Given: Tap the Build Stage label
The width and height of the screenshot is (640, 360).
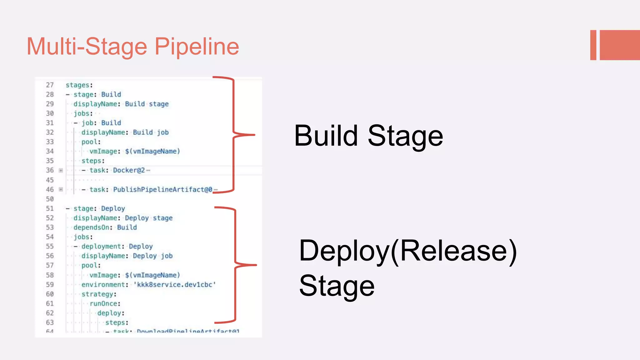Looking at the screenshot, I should coord(368,136).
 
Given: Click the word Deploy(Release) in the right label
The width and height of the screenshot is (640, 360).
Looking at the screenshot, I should coord(408,251).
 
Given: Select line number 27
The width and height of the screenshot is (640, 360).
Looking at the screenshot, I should coord(50,85).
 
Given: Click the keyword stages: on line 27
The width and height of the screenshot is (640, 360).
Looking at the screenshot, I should coord(79,85).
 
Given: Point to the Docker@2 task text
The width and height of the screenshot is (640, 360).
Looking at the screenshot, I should coord(129,170).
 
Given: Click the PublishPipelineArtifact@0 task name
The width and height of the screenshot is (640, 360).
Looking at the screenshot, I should coord(162,189).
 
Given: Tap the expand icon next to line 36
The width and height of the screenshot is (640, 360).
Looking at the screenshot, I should coord(61,170).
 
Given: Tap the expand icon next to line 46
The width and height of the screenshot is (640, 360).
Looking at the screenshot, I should coord(61,189).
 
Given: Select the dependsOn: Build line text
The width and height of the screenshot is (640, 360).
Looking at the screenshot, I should coord(105,227).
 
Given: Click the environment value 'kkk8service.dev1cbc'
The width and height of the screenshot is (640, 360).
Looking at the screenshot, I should coord(175,285).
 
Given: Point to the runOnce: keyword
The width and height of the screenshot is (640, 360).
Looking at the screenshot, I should coord(105,303).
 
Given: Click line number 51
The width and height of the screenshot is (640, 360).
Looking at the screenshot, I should coord(50,208).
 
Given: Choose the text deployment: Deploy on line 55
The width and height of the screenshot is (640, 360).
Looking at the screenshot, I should coord(117,247).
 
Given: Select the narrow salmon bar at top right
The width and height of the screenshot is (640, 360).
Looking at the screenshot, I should coord(593,45).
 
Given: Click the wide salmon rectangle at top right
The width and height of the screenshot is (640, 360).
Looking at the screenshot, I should coord(620,45).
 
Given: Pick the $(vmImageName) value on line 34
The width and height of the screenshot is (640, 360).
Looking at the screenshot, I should coord(152,151).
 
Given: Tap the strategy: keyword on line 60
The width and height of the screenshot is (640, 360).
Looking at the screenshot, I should coord(99,294).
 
